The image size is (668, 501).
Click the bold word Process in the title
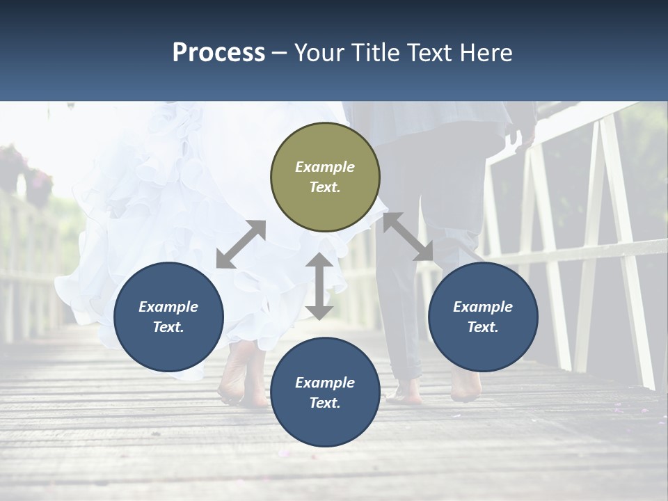218,52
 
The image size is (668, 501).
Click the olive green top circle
325,177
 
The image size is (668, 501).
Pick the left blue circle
168,317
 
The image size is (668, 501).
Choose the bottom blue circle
325,392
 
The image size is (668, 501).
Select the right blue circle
483,317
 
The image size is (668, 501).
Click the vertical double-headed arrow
319,286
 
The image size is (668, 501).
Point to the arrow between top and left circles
241,244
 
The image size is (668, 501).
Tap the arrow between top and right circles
408,237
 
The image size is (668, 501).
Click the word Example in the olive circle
325,167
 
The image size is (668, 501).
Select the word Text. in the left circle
168,327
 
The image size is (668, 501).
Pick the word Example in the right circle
483,307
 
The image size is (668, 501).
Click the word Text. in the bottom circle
325,403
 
